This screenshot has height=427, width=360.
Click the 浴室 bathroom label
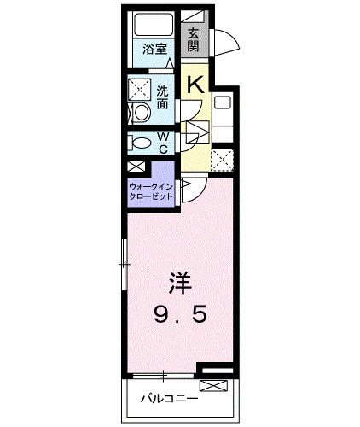[x=154, y=50]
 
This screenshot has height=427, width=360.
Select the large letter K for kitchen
[x=195, y=83]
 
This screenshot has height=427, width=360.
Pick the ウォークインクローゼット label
[x=152, y=190]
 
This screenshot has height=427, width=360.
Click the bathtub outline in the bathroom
[x=154, y=26]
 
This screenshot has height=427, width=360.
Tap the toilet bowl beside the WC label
[x=142, y=143]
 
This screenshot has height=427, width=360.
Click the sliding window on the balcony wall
[x=162, y=377]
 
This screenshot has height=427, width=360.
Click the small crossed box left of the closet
[x=136, y=167]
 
